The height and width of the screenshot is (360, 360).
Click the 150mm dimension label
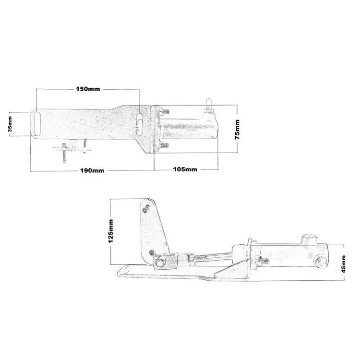pyautogui.click(x=88, y=89)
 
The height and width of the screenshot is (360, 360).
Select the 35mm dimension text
pyautogui.click(x=10, y=124)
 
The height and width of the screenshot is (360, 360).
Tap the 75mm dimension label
pyautogui.click(x=237, y=130)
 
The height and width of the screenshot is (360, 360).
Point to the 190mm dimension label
pyautogui.click(x=92, y=170)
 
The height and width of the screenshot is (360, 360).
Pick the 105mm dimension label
pyautogui.click(x=185, y=169)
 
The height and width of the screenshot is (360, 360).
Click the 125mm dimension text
pyautogui.click(x=111, y=231)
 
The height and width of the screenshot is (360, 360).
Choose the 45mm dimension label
pyautogui.click(x=343, y=264)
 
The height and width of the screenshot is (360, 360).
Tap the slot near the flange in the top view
pyautogui.click(x=139, y=125)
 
